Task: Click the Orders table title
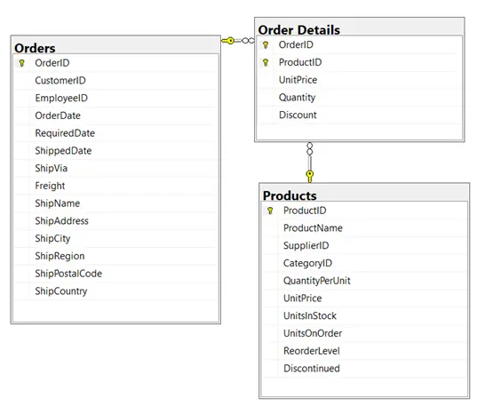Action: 35,48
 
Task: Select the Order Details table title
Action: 299,30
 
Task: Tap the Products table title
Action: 290,195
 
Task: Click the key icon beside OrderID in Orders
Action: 21,63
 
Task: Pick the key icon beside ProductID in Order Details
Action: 266,62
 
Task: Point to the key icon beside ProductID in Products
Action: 270,211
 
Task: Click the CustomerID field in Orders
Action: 60,81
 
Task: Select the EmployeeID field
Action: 61,98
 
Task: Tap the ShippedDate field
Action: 63,151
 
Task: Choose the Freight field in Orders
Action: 50,186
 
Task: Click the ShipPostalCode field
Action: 68,274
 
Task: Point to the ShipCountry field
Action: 61,291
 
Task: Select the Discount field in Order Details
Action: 298,115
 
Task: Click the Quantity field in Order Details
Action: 297,98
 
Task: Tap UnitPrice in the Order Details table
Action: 298,80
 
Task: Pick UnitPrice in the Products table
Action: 303,299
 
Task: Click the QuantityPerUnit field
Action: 317,281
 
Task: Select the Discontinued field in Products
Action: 312,369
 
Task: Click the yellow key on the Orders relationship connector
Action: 228,41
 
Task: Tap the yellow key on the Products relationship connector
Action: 310,176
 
